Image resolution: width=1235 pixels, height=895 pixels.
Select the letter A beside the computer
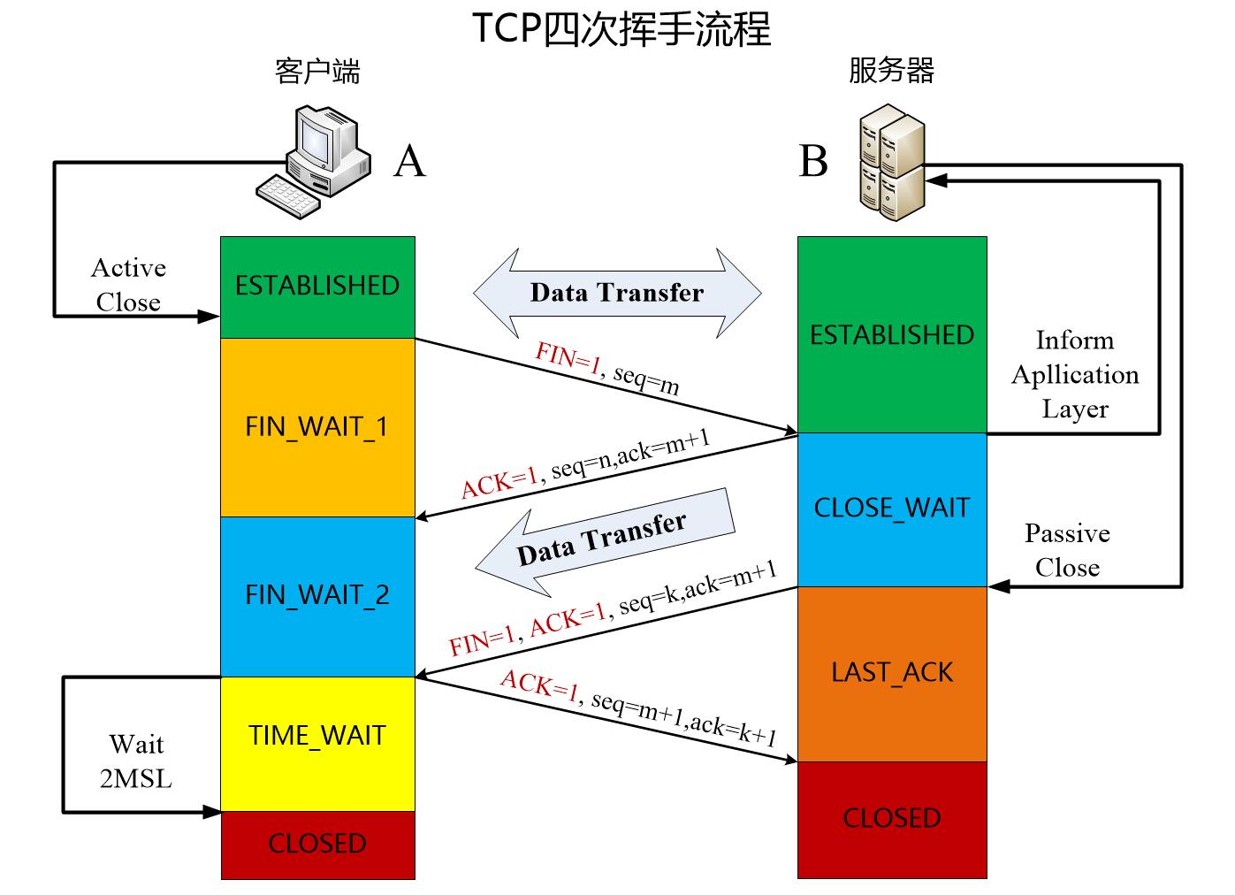coord(409,161)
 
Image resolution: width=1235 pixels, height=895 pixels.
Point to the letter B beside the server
coord(813,161)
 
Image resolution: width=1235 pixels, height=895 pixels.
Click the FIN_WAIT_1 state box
coord(317,427)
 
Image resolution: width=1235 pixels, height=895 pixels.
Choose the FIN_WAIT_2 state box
coord(317,595)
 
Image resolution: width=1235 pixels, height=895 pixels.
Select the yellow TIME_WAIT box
coord(317,736)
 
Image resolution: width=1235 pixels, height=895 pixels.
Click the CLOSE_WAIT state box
coord(891,509)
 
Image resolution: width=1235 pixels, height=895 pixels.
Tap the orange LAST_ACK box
coord(891,672)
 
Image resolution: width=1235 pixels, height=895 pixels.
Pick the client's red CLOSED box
coord(317,844)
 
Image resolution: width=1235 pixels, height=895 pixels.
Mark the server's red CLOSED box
coord(891,818)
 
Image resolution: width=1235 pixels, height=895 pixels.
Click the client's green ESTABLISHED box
coord(317,286)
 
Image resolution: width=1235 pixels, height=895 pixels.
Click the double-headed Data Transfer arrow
coord(617,293)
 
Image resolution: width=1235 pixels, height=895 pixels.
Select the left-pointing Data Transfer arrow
coord(605,542)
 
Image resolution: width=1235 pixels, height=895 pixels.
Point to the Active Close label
coord(129,285)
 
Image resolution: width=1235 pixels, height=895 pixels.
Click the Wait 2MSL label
coord(136,761)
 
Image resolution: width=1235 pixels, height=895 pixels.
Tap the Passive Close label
coord(1067,550)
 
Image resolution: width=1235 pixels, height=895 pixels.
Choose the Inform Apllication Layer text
coord(1075,375)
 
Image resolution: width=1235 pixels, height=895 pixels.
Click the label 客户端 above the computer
coord(317,71)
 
